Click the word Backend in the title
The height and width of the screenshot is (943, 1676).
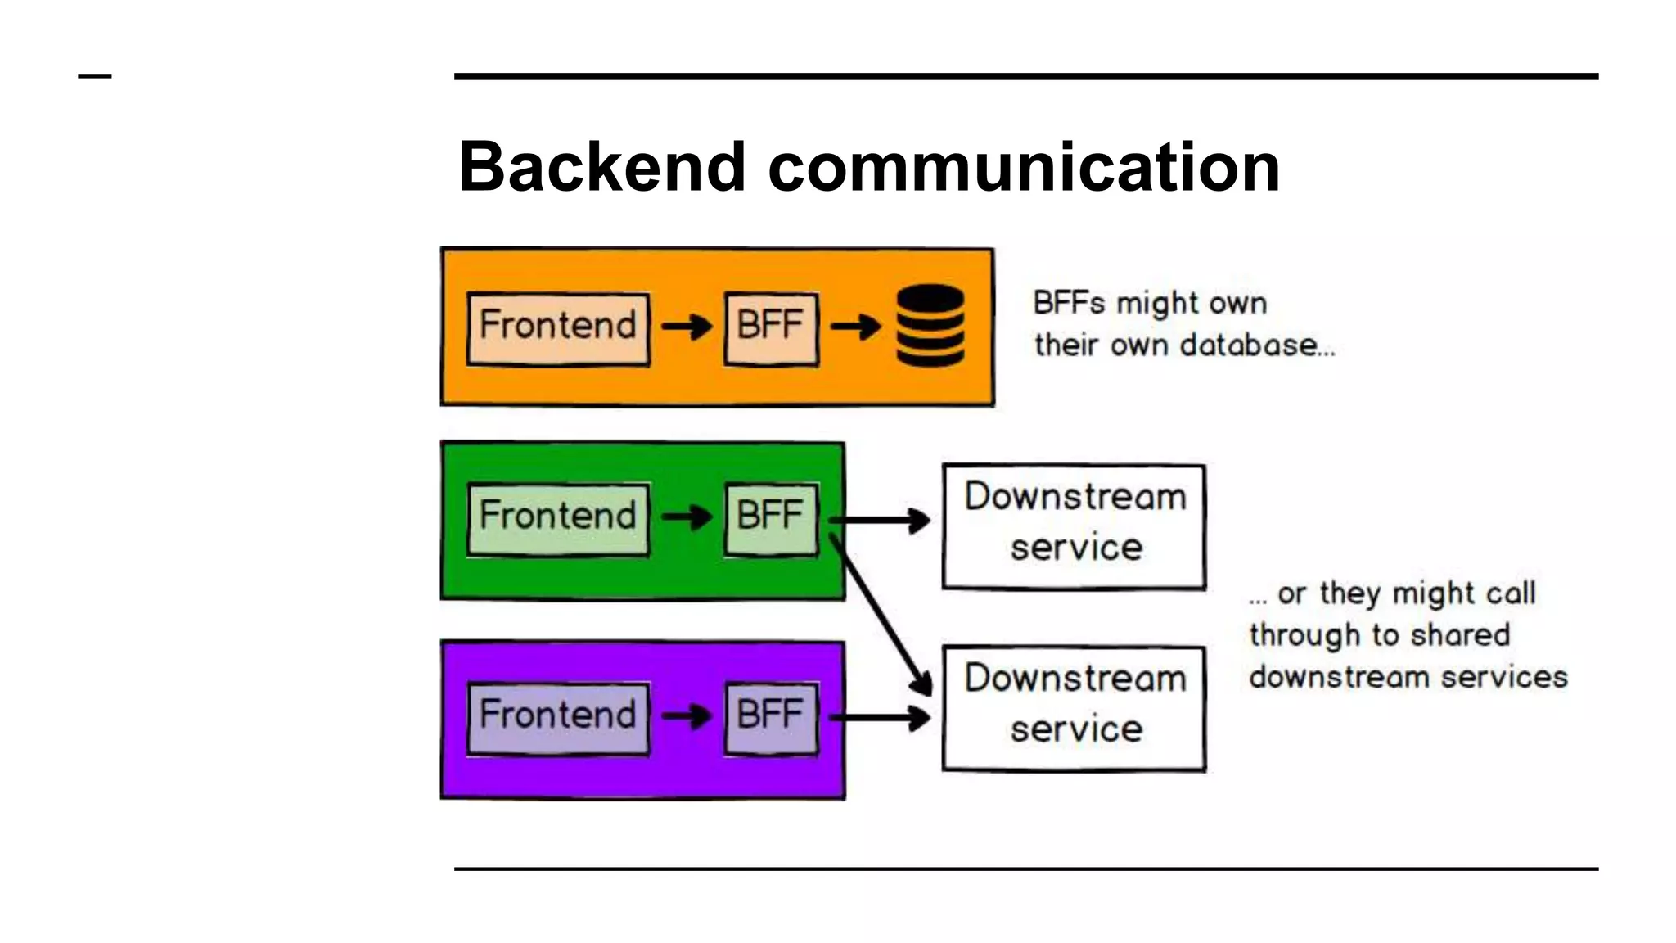click(601, 167)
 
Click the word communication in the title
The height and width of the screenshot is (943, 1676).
click(1024, 167)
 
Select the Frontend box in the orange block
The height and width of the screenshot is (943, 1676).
click(558, 328)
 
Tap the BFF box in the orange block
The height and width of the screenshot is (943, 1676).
click(771, 328)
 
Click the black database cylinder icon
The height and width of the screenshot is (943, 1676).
click(930, 326)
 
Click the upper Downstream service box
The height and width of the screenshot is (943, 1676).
click(1074, 526)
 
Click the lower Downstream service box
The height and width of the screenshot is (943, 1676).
click(1074, 708)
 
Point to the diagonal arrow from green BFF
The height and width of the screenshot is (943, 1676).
click(880, 614)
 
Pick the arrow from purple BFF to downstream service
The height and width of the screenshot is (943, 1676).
click(880, 718)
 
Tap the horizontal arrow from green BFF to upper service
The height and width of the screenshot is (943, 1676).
click(880, 520)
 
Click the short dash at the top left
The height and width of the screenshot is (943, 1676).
click(95, 76)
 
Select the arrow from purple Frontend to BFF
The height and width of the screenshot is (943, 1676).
click(687, 717)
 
